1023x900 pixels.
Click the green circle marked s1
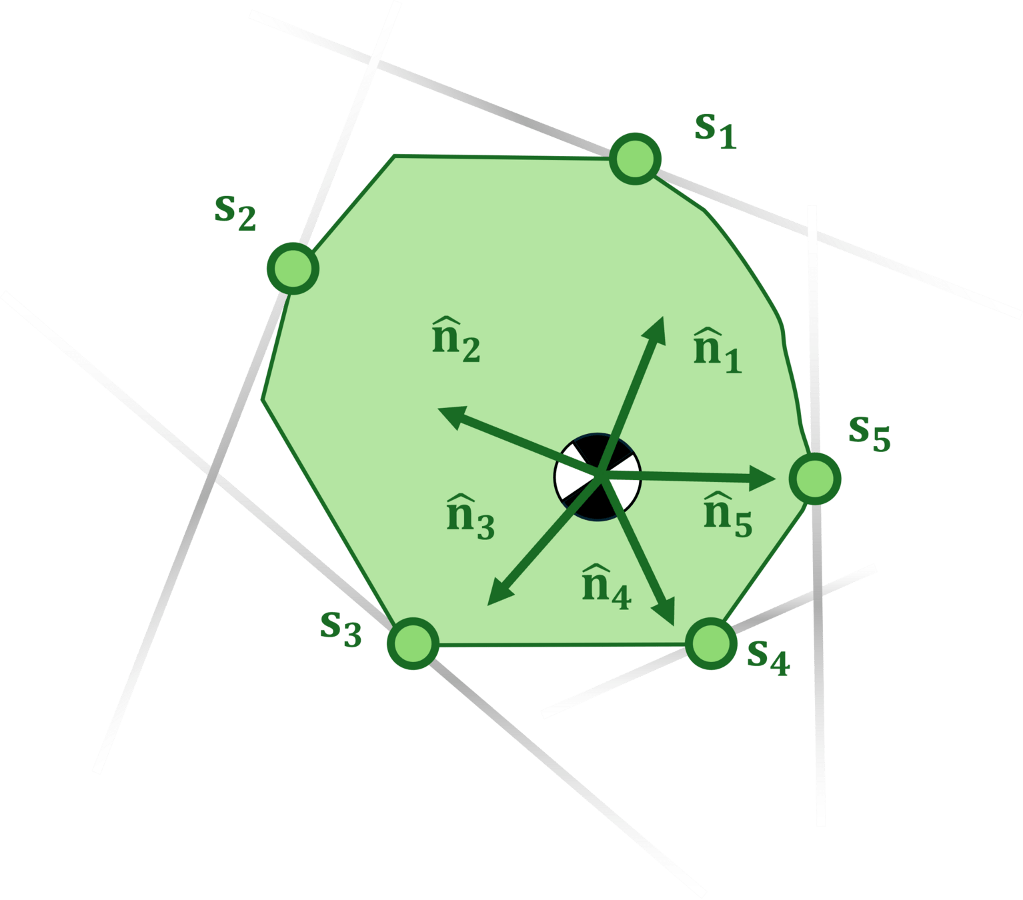pyautogui.click(x=636, y=159)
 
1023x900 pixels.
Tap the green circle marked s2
pyautogui.click(x=293, y=268)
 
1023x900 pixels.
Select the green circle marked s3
pyautogui.click(x=413, y=643)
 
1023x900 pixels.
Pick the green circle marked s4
pyautogui.click(x=712, y=643)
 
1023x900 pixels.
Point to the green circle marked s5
pyautogui.click(x=815, y=478)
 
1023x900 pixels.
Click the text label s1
pyautogui.click(x=715, y=130)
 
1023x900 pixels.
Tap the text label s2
pyautogui.click(x=235, y=213)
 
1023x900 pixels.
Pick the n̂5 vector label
pyautogui.click(x=728, y=513)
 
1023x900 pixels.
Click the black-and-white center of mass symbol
pyautogui.click(x=598, y=477)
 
